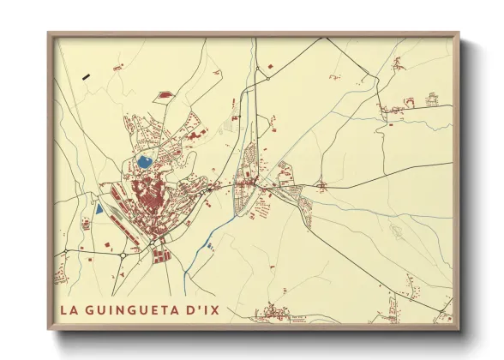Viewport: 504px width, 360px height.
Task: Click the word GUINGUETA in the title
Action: click(136, 308)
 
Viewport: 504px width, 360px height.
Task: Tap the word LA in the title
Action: click(68, 308)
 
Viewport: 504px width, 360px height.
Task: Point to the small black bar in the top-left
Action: click(86, 76)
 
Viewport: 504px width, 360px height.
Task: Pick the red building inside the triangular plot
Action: click(162, 96)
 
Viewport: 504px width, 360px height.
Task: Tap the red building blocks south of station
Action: click(160, 253)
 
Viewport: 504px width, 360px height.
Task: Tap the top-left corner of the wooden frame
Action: click(49, 34)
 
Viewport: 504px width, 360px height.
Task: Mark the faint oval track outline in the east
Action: click(397, 230)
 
